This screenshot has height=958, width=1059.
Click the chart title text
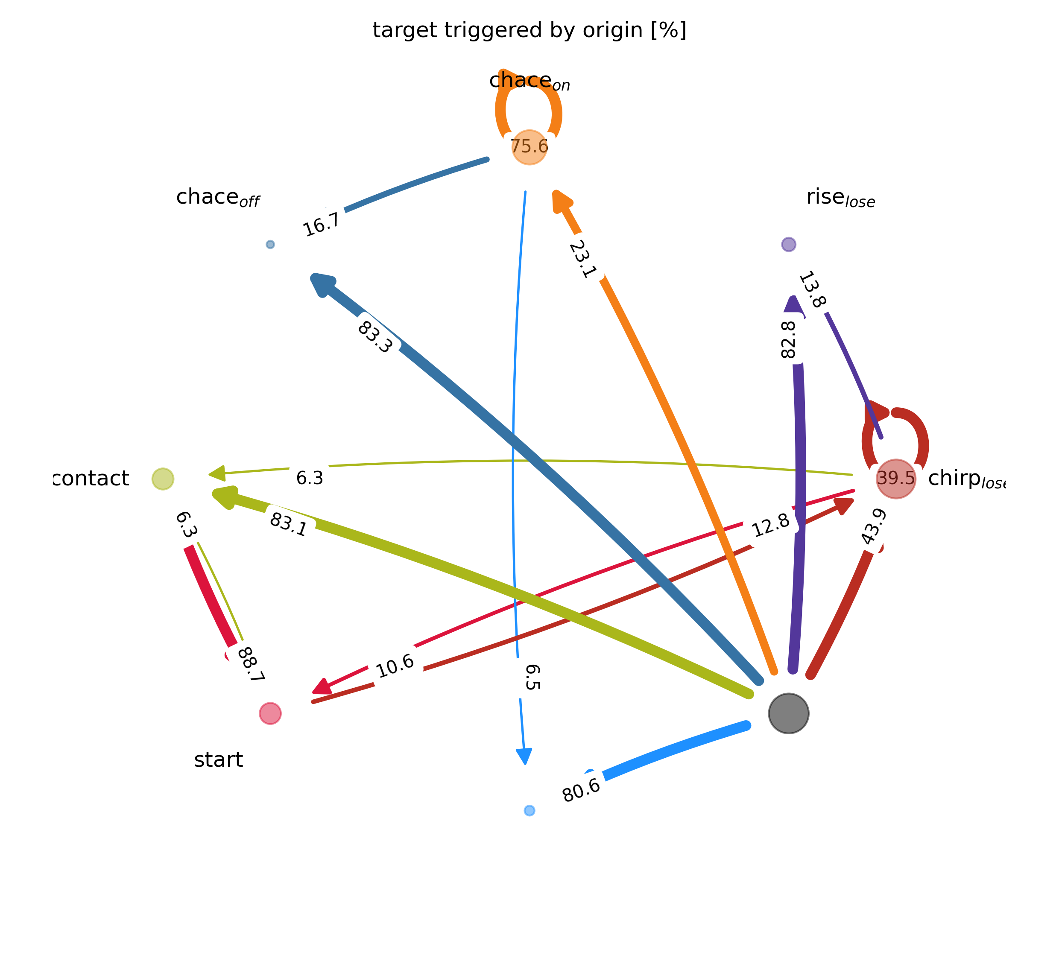[x=529, y=30]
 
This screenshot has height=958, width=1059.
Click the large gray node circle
[x=788, y=713]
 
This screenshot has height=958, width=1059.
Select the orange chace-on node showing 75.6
[x=529, y=147]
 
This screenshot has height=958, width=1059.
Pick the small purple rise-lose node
[x=788, y=244]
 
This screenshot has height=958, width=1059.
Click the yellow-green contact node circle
[x=163, y=479]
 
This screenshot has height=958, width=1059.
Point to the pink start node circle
[x=271, y=713]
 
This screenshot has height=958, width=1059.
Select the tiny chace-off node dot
[x=270, y=244]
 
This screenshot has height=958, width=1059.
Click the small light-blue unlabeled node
[x=529, y=810]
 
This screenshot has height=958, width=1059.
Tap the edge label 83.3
[x=375, y=337]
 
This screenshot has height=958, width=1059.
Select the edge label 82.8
[x=789, y=339]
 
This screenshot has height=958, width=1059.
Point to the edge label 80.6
[x=581, y=789]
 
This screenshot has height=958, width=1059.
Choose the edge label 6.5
[x=532, y=677]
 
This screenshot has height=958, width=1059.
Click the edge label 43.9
[x=874, y=527]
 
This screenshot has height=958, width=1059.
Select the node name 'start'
[x=219, y=760]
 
